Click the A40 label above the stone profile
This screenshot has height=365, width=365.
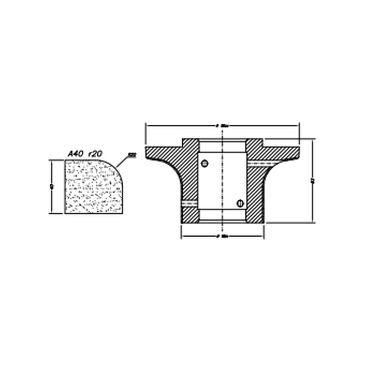[x=76, y=154]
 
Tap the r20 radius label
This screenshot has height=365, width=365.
[x=95, y=154]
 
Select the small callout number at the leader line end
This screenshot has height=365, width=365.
[x=132, y=155]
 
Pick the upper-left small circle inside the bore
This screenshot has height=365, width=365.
[x=205, y=163]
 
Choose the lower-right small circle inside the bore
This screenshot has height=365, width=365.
[x=240, y=203]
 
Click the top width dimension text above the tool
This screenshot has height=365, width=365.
[x=222, y=126]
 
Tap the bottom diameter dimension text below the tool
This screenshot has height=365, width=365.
[x=222, y=236]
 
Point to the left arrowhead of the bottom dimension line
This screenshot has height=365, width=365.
[x=183, y=236]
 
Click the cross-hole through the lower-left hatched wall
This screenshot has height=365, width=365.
[x=190, y=204]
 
